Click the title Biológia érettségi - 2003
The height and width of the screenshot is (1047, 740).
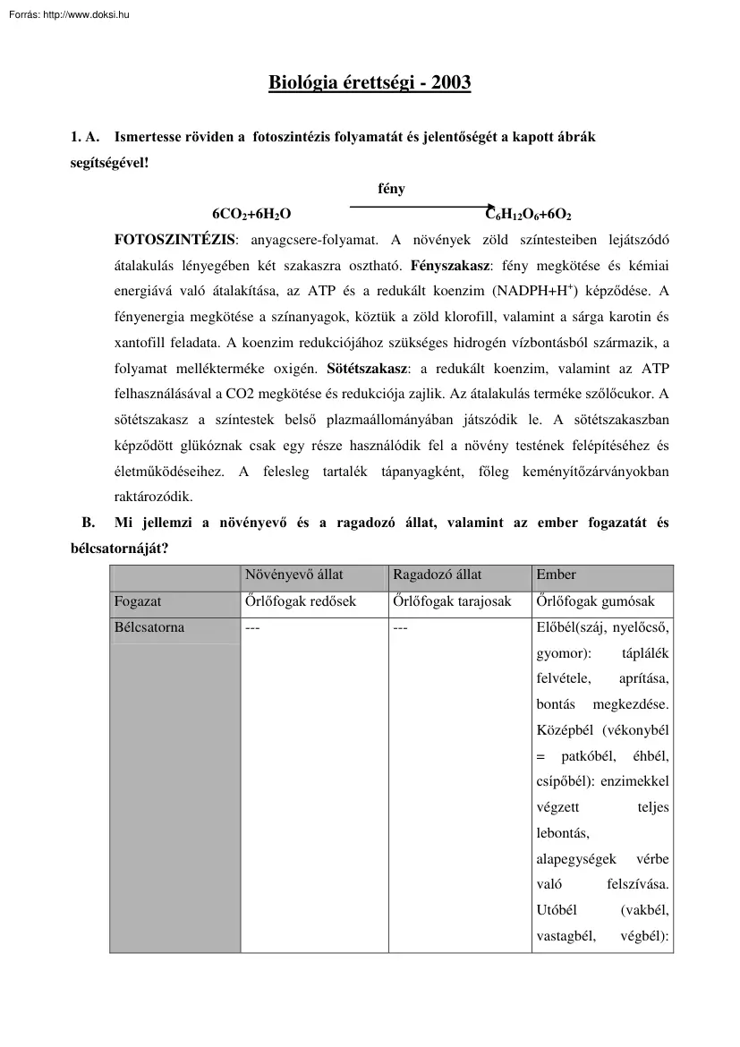tap(370, 83)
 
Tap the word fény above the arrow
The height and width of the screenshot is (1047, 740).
tap(391, 189)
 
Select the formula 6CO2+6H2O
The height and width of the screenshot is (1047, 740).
tap(251, 215)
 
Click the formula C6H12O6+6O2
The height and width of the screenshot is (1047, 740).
tap(528, 215)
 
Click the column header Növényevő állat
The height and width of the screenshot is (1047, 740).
tap(294, 575)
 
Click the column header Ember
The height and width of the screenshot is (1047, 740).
tap(556, 575)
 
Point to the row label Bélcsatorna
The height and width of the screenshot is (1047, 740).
tap(149, 627)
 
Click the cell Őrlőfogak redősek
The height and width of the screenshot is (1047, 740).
tap(301, 601)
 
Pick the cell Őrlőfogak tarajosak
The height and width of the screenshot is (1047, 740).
tap(452, 601)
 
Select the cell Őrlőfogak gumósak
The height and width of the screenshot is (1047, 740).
tap(595, 601)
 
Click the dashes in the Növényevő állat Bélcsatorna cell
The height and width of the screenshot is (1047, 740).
tap(252, 628)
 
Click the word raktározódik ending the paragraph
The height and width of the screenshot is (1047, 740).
tap(154, 496)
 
